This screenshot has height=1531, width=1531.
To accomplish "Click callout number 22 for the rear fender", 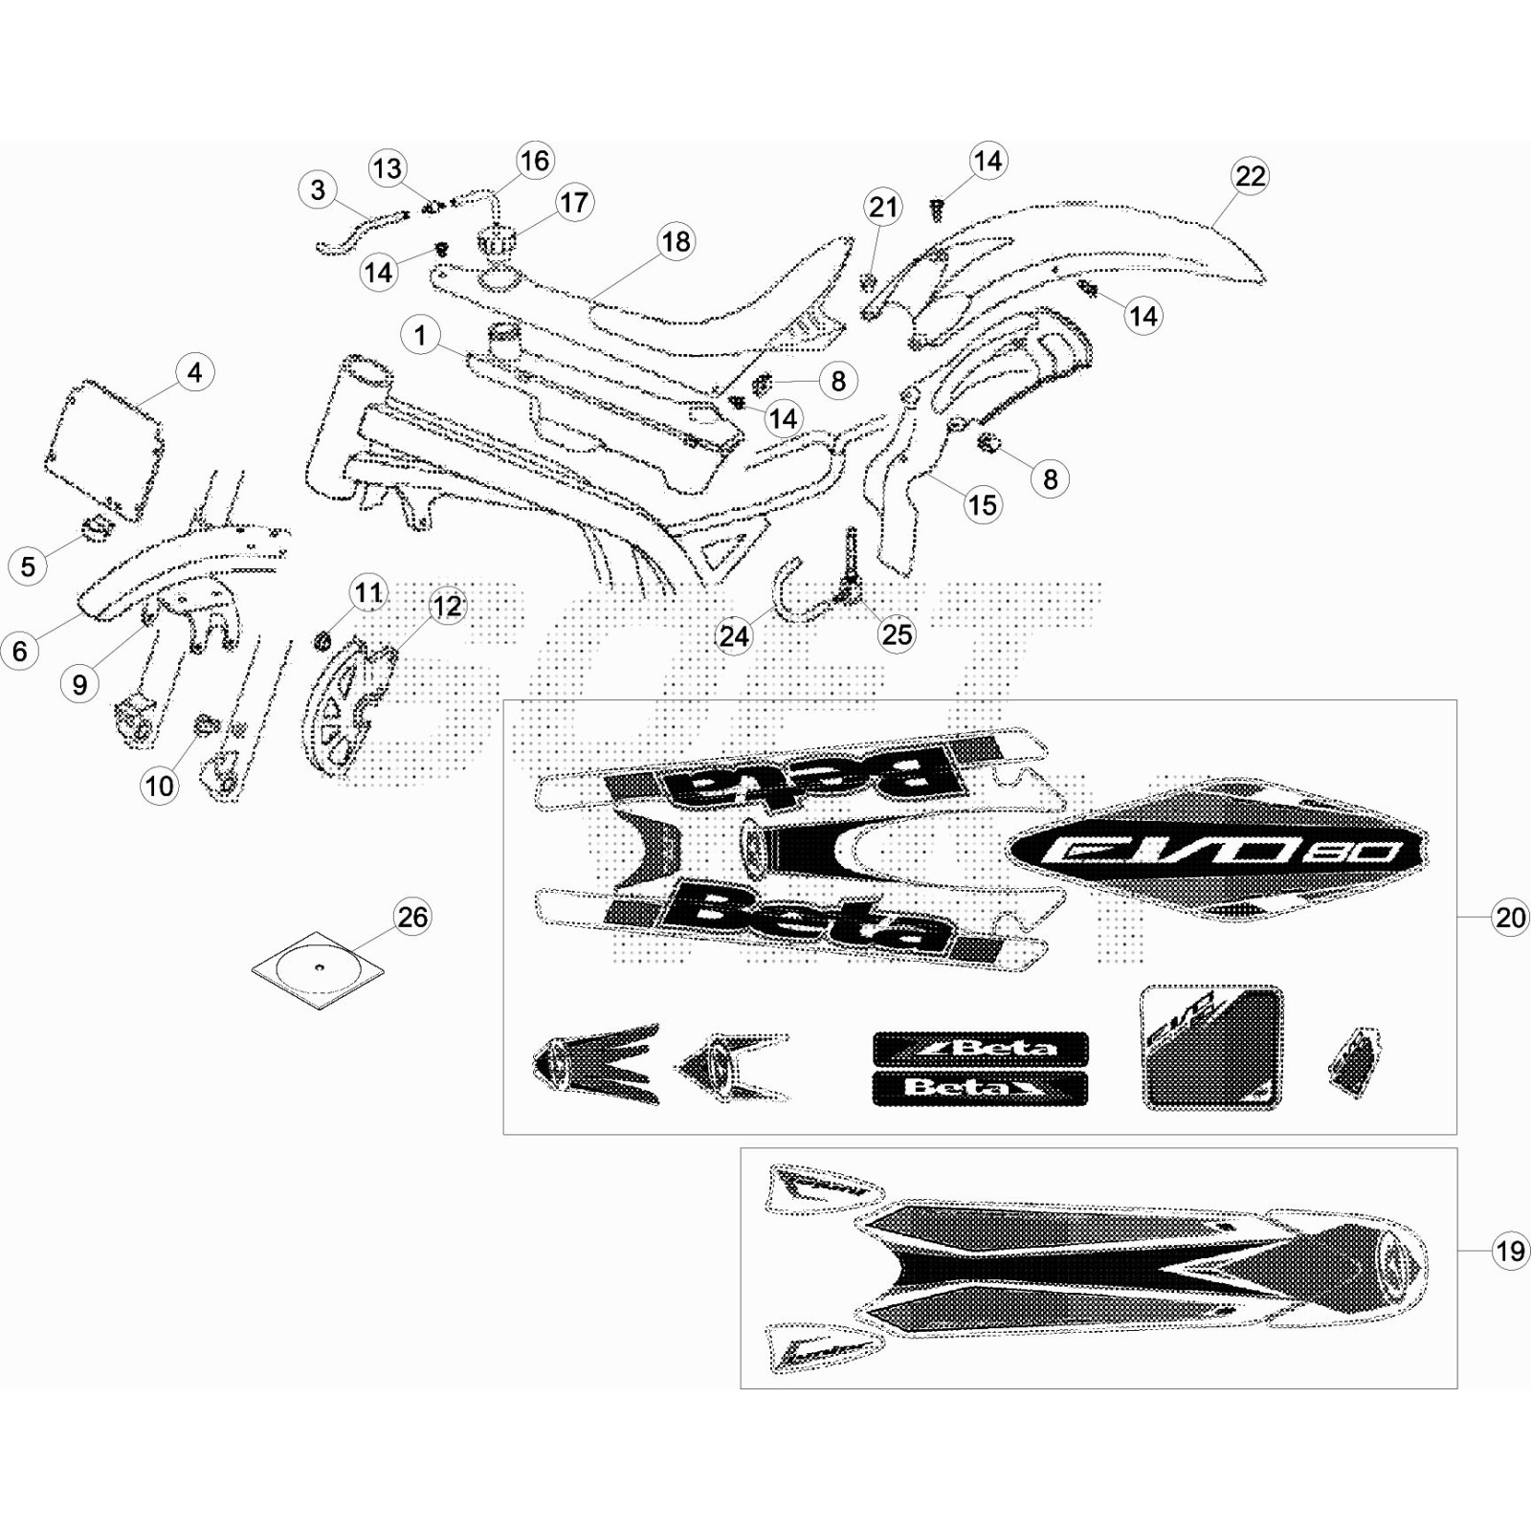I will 1250,176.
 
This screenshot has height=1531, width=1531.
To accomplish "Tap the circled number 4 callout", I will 194,372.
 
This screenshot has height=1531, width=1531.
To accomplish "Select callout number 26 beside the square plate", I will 412,917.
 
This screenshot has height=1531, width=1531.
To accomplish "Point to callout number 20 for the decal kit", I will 1510,918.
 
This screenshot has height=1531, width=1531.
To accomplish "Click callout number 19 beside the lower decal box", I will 1510,1251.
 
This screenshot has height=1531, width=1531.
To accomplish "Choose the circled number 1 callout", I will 420,336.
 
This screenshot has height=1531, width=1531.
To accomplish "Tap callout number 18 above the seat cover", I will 676,242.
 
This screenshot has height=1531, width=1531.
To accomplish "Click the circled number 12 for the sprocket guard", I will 447,606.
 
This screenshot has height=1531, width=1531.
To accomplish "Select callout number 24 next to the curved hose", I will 734,636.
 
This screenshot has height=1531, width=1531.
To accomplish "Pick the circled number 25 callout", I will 897,634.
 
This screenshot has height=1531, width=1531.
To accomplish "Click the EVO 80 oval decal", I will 1215,850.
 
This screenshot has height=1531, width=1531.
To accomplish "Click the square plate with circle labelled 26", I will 318,968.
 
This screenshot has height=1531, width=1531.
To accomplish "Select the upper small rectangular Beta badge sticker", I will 980,1049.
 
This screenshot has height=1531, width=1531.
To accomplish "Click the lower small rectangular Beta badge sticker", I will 980,1089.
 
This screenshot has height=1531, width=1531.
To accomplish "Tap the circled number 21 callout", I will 883,207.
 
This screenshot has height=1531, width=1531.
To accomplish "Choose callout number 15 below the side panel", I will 982,505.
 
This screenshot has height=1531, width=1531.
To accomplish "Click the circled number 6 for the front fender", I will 20,652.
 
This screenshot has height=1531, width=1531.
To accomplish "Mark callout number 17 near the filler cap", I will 573,203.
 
